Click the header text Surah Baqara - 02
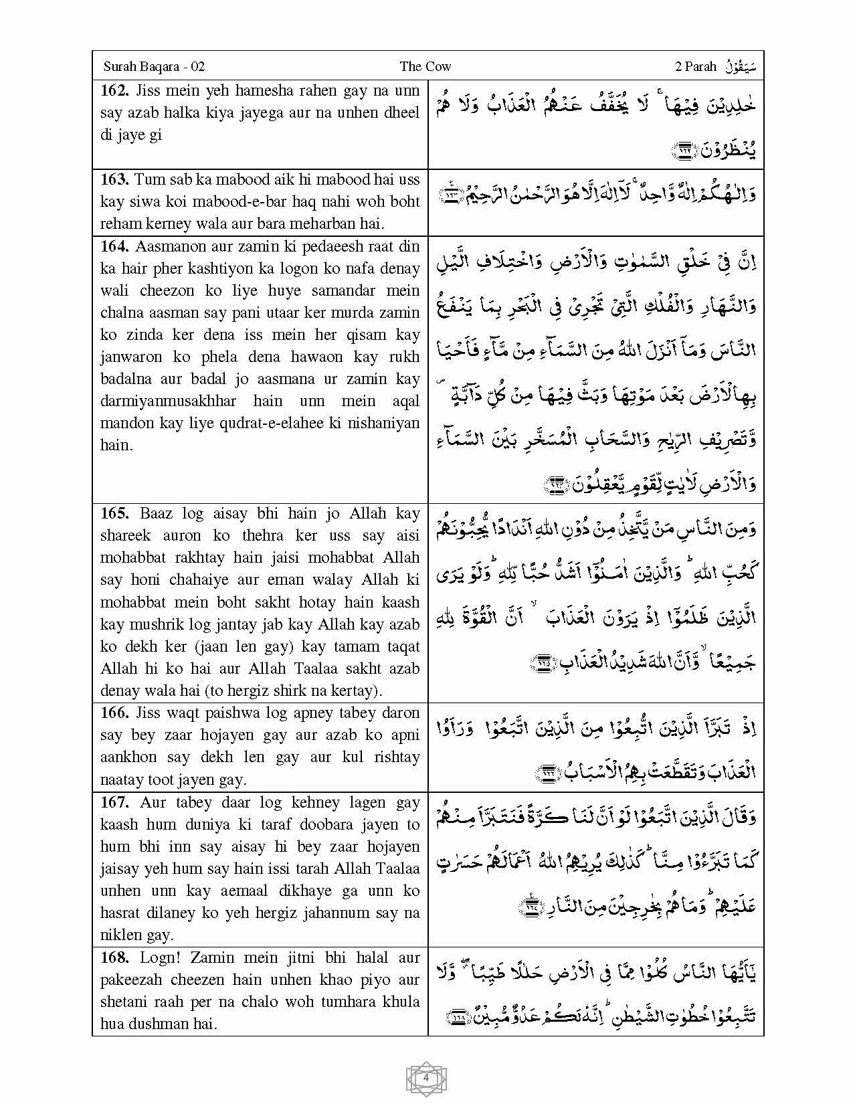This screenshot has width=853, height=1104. coord(154,66)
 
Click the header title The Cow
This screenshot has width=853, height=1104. coord(425,66)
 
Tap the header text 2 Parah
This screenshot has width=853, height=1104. coord(696,66)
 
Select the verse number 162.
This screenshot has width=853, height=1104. coord(114,90)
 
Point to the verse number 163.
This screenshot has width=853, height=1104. coord(114,179)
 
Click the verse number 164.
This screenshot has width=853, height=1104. coord(114,246)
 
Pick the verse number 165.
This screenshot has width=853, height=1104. coord(114,513)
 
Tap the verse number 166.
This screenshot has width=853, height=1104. coord(114,713)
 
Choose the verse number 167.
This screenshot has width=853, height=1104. coord(114,802)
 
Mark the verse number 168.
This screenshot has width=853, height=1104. coord(114,957)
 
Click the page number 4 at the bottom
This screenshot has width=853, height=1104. coord(426,1078)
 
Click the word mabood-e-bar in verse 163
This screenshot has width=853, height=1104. coord(253,201)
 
